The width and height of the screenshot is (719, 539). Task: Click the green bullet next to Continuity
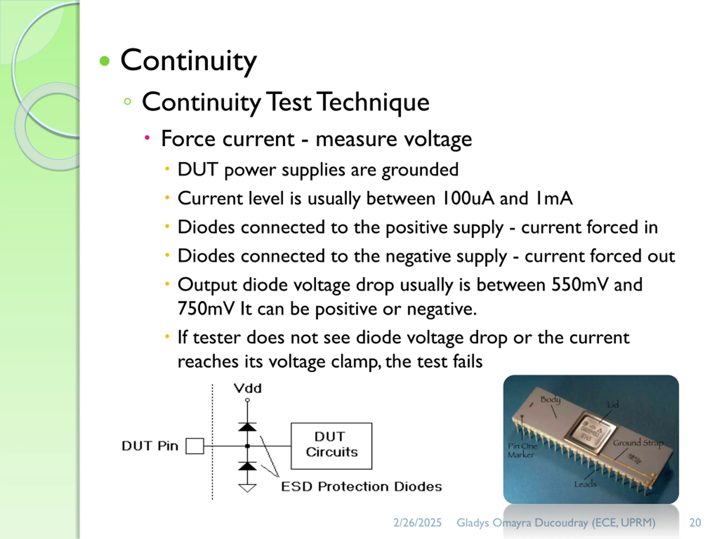click(105, 61)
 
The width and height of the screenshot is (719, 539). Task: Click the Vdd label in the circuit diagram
click(248, 388)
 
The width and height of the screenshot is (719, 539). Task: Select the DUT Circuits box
click(331, 446)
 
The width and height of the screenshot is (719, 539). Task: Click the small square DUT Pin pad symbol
click(195, 446)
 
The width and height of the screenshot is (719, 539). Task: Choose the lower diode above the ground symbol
click(247, 466)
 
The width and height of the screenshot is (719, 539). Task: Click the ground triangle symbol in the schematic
click(247, 488)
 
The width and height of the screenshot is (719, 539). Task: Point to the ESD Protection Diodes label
click(361, 487)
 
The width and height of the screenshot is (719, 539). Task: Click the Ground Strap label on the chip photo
click(638, 442)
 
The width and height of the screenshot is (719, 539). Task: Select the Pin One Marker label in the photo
click(522, 450)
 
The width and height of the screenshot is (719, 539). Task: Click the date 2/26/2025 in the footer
click(417, 522)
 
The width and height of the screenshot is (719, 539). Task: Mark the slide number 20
click(695, 522)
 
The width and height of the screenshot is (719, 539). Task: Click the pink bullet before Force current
click(147, 138)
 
